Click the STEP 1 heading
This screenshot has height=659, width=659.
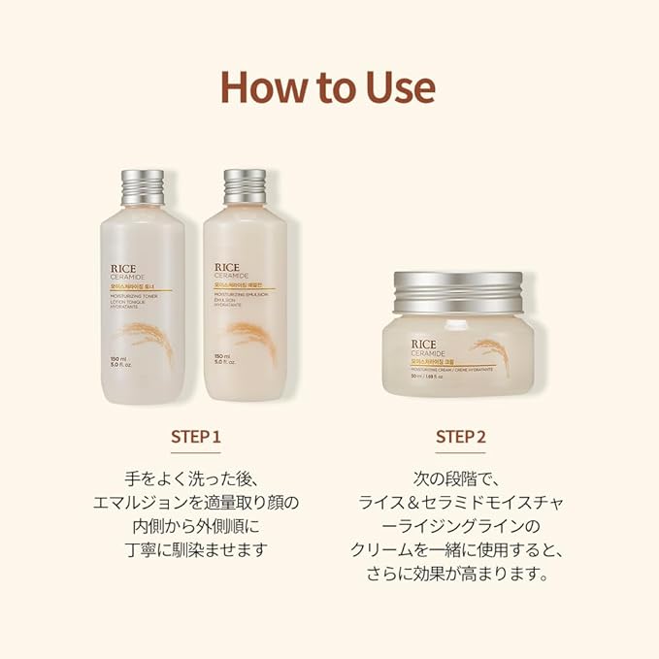pyautogui.click(x=196, y=438)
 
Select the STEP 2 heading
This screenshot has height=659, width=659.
pyautogui.click(x=460, y=438)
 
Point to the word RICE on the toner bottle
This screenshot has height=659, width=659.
pyautogui.click(x=130, y=261)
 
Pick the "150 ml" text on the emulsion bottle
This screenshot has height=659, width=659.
pyautogui.click(x=221, y=356)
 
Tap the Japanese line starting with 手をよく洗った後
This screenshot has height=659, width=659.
pyautogui.click(x=196, y=479)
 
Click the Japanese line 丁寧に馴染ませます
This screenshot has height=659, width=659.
pyautogui.click(x=196, y=549)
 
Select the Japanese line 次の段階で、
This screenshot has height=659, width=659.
pyautogui.click(x=460, y=479)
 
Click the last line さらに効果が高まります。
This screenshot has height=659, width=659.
pyautogui.click(x=460, y=573)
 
